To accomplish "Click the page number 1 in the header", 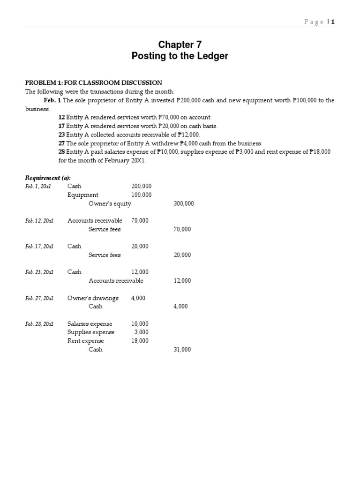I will pyautogui.click(x=333, y=22).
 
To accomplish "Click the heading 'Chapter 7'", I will pyautogui.click(x=180, y=45).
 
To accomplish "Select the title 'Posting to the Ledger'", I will pyautogui.click(x=180, y=56).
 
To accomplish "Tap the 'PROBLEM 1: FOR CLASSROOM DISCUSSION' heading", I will pyautogui.click(x=94, y=83).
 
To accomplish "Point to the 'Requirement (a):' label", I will pyautogui.click(x=47, y=178).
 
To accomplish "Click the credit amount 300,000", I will pyautogui.click(x=183, y=204).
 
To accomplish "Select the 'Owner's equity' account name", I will pyautogui.click(x=110, y=204).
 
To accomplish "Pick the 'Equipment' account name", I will pyautogui.click(x=83, y=195).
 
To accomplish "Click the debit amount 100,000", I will pyautogui.click(x=141, y=195).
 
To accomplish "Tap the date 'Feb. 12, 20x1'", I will pyautogui.click(x=39, y=221).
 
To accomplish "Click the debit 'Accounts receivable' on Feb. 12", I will pyautogui.click(x=95, y=221).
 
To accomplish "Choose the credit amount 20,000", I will pyautogui.click(x=182, y=255).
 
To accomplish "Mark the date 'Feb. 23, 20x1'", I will pyautogui.click(x=39, y=272).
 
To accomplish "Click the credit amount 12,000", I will pyautogui.click(x=182, y=281).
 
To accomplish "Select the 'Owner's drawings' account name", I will pyautogui.click(x=93, y=298).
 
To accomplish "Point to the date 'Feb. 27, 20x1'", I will pyautogui.click(x=39, y=298).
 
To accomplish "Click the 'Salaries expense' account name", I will pyautogui.click(x=90, y=324).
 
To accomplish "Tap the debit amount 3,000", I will pyautogui.click(x=143, y=332).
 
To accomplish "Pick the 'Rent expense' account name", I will pyautogui.click(x=86, y=341).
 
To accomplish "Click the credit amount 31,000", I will pyautogui.click(x=182, y=350).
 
